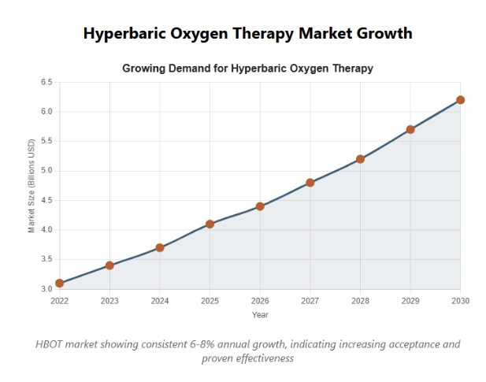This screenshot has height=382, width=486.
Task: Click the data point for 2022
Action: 60,283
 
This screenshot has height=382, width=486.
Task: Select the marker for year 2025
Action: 210,224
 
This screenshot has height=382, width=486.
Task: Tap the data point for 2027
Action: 310,183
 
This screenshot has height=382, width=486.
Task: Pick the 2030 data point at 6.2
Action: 460,100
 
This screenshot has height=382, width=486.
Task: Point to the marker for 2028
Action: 360,159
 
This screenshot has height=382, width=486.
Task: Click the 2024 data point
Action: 160,247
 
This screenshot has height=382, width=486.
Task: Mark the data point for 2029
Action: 410,129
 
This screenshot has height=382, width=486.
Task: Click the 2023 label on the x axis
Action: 109,301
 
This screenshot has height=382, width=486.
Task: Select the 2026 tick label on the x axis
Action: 260,301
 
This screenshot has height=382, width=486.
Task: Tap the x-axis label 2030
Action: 460,301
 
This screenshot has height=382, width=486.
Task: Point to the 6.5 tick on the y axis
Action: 46,82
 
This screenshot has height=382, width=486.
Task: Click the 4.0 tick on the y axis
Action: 46,230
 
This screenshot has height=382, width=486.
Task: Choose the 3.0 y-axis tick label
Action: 46,289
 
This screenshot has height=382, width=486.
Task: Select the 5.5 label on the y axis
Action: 46,141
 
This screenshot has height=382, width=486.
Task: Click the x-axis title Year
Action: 260,315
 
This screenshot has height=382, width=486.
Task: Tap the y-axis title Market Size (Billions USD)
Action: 32,186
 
